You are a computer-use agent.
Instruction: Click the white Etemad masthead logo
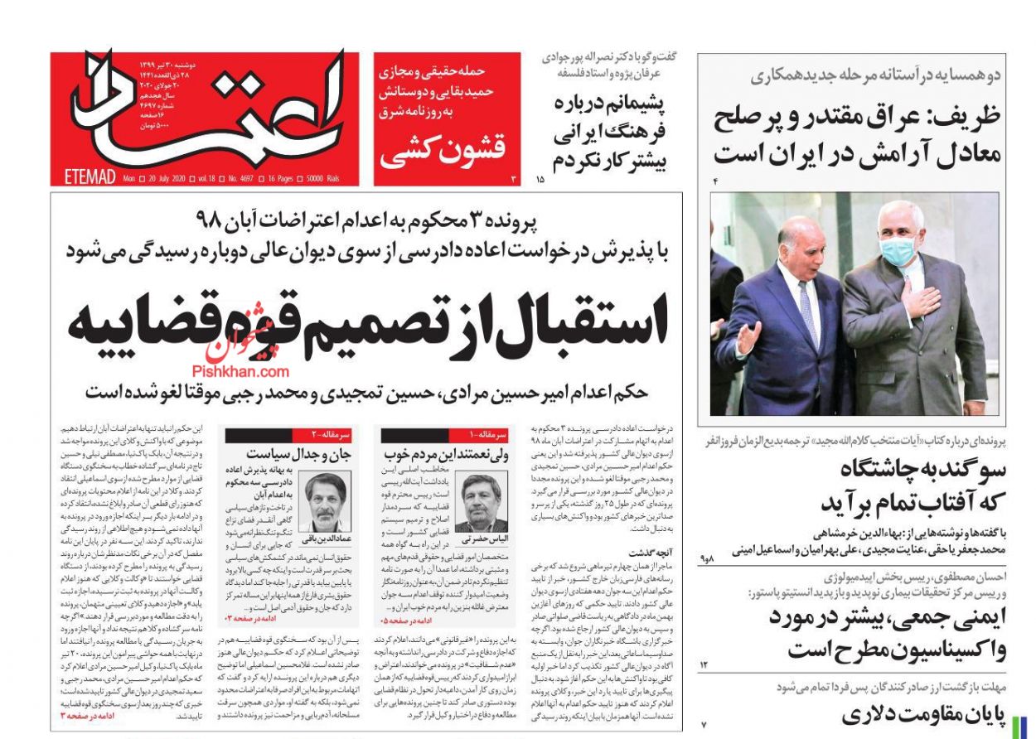(x=207, y=108)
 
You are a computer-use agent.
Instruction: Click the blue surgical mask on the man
(x=898, y=249)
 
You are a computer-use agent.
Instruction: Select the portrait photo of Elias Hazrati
(x=481, y=502)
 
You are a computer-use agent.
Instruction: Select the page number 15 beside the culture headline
(x=540, y=178)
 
